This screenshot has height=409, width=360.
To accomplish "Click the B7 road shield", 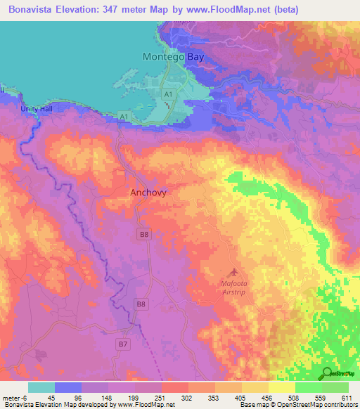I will [x=124, y=344].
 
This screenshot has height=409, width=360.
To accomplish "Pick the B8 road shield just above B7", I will [x=141, y=304].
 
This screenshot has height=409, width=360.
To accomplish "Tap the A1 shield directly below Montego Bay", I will [x=168, y=93].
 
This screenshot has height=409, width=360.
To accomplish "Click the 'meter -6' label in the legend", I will [x=14, y=397].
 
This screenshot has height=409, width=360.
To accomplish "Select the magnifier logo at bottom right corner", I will [x=328, y=373].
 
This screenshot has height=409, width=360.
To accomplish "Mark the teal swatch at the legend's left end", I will [x=41, y=387].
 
